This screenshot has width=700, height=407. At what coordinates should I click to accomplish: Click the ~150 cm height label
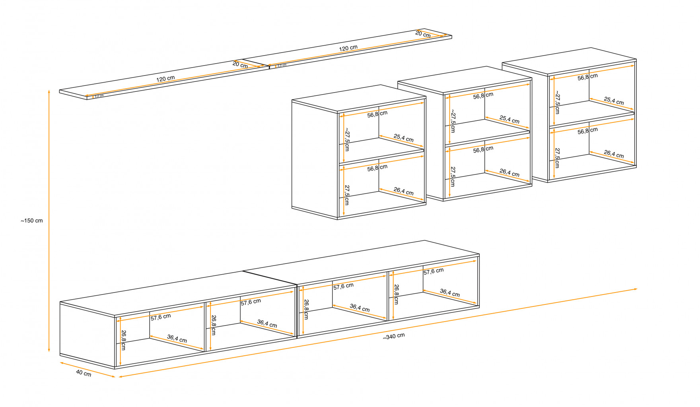(32, 221)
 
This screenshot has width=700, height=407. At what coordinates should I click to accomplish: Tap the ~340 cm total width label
(394, 336)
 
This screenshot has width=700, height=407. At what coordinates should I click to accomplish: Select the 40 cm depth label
(84, 374)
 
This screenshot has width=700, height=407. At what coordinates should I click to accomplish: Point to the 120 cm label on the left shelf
(165, 79)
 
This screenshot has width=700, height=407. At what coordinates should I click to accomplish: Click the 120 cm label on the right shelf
(348, 48)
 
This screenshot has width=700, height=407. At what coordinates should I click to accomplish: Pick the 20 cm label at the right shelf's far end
(423, 34)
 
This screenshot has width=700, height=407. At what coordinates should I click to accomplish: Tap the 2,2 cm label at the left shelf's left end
(99, 96)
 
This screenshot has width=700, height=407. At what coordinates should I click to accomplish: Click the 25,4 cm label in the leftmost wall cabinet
(403, 138)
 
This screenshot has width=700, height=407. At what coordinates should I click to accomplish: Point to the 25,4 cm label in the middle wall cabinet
(509, 119)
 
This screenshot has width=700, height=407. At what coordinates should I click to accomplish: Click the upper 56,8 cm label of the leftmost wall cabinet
(377, 114)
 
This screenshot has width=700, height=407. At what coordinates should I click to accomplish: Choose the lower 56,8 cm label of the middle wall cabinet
(483, 149)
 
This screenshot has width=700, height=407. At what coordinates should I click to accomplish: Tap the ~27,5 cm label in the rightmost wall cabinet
(557, 102)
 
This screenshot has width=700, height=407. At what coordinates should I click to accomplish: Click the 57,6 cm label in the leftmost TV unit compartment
(161, 317)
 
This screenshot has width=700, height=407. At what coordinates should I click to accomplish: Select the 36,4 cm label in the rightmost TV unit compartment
(449, 293)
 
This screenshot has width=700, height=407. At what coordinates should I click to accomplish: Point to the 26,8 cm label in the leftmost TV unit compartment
(124, 340)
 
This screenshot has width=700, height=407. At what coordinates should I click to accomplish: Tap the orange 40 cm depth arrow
(87, 370)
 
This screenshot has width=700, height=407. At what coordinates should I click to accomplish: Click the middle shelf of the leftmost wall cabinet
(382, 156)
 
